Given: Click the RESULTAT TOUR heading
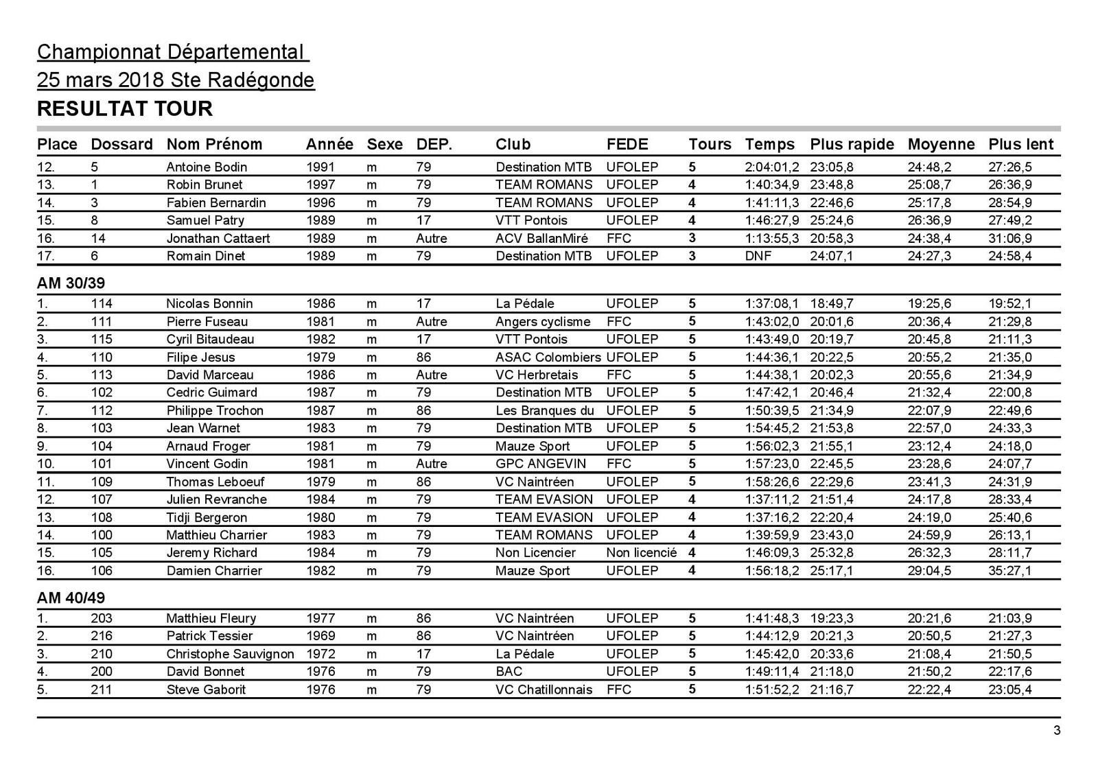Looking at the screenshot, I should (125, 108).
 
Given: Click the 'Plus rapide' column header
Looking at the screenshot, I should (852, 144).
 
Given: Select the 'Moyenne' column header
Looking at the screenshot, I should (941, 144).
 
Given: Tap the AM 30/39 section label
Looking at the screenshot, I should (71, 283).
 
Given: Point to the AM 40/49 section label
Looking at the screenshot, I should (71, 598).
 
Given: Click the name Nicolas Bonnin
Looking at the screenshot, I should (209, 303).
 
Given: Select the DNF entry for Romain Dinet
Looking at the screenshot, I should (758, 256).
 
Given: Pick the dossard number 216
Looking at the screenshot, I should (102, 636).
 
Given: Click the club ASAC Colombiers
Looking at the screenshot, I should (548, 357).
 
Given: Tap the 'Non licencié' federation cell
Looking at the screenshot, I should (641, 552).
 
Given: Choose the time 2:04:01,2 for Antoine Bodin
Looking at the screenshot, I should (772, 167).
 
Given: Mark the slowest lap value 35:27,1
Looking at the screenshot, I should (1010, 570).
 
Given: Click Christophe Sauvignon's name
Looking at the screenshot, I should (230, 654).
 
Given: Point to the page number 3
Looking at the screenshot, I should (1057, 730).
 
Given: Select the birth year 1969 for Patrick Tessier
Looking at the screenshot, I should (320, 636).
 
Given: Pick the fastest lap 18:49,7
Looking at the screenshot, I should (832, 303).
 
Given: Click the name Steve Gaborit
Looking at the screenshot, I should (206, 690).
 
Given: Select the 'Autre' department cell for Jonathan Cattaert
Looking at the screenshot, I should (431, 238).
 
